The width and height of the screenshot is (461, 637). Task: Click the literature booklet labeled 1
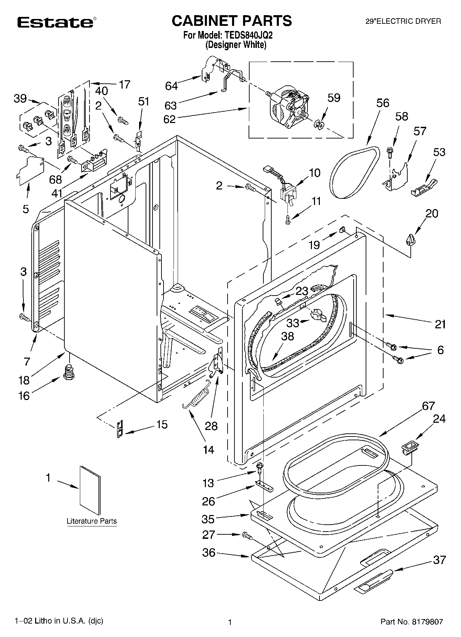coord(91,490)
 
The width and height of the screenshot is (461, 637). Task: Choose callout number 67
coord(428,406)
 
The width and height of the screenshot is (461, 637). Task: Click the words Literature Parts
coord(92,521)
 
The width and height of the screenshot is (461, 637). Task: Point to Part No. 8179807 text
coord(411,622)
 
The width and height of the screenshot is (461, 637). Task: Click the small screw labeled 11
coord(287,219)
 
